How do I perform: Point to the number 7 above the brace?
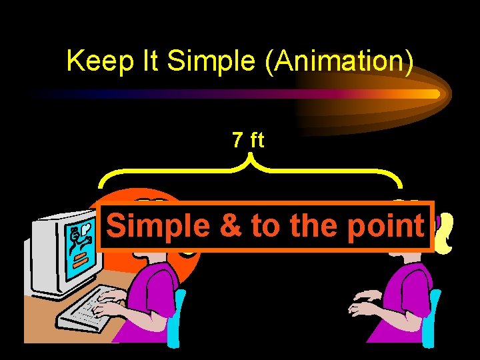tap(237, 140)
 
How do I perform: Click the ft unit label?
tap(257, 140)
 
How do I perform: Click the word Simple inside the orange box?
tap(157, 227)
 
